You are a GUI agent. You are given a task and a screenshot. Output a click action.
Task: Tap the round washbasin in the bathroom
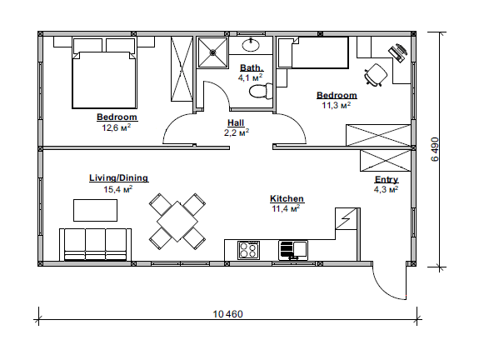tap(251, 45)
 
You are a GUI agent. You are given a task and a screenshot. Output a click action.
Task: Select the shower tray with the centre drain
tap(212, 52)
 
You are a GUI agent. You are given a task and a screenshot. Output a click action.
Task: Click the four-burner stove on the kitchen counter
tap(248, 250)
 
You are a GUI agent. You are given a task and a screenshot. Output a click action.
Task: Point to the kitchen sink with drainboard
tap(293, 250)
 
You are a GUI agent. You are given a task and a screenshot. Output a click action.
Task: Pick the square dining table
tap(177, 222)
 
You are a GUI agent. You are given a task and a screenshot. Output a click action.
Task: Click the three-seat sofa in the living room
tap(95, 245)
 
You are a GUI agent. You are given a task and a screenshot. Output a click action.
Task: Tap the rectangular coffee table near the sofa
tap(95, 210)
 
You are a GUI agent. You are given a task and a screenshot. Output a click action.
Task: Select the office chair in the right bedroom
tap(376, 75)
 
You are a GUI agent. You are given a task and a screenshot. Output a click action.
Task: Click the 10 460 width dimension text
tap(228, 314)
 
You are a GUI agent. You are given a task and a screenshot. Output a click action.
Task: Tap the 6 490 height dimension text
tap(434, 149)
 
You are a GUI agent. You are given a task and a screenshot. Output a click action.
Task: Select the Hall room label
tap(236, 122)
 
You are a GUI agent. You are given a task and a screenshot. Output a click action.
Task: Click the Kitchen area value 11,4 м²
tap(286, 208)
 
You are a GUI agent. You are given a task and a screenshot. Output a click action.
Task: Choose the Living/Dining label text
tap(119, 177)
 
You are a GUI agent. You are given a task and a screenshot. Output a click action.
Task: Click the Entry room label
tap(387, 179)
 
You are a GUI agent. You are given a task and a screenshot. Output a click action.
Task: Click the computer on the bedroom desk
tap(398, 52)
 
